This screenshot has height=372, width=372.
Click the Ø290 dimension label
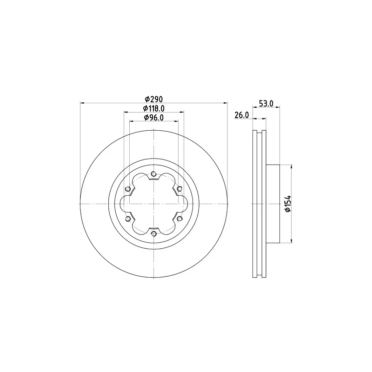click(154, 99)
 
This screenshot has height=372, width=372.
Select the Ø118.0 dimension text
click(154, 108)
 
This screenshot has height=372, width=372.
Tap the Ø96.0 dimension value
click(154, 118)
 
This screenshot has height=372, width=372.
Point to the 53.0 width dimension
click(266, 103)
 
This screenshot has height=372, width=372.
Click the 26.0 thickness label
click(242, 115)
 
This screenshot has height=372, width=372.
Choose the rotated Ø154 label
click(288, 204)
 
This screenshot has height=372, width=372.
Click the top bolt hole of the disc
click(154, 174)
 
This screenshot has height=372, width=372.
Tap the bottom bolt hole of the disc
click(154, 234)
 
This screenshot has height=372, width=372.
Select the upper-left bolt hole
click(128, 189)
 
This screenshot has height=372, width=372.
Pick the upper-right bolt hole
click(179, 189)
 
